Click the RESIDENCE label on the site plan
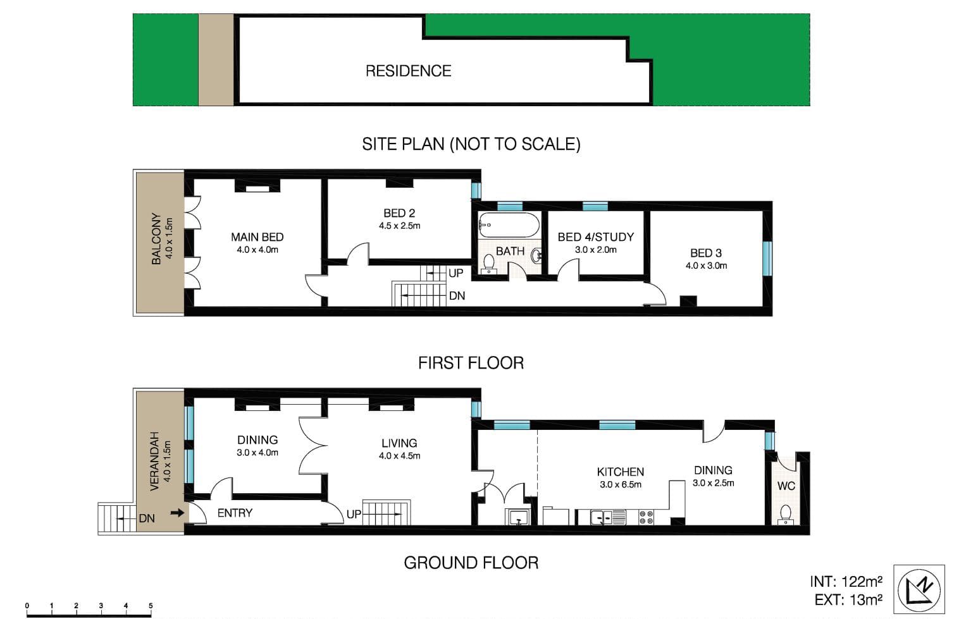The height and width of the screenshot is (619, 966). tap(409, 71)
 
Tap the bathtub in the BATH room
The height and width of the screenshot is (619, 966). tap(509, 224)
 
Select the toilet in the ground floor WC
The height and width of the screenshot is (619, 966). tap(786, 514)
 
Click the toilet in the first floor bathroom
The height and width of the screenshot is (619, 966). tap(489, 264)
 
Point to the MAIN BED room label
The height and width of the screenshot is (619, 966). tap(257, 237)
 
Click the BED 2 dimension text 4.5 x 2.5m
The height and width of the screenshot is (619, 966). tap(399, 226)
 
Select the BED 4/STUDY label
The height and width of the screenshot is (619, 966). tap(595, 237)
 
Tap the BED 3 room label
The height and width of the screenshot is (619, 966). tap(706, 253)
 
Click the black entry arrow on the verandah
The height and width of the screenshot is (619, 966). tap(177, 513)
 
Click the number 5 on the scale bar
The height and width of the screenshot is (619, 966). tap(151, 606)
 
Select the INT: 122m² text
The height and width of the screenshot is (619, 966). tap(846, 582)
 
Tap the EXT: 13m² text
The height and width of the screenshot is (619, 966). tap(848, 600)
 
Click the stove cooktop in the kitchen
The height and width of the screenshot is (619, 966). tap(646, 517)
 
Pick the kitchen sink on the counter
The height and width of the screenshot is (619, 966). tap(608, 517)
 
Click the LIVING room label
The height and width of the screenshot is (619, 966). tap(399, 443)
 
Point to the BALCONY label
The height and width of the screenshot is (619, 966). tap(156, 238)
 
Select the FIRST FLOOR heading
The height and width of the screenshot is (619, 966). tap(471, 363)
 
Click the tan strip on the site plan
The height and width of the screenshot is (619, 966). tap(216, 59)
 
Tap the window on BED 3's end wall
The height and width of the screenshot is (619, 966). tap(767, 258)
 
